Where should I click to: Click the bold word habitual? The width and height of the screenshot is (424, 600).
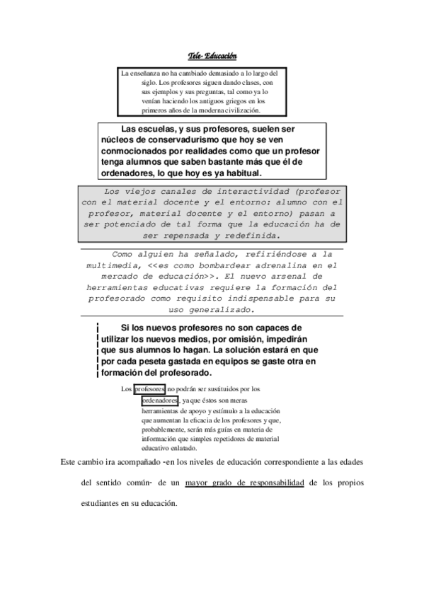pyautogui.click(x=239, y=173)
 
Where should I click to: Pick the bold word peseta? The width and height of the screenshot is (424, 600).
pyautogui.click(x=154, y=361)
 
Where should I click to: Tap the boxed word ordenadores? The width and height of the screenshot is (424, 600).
pyautogui.click(x=160, y=400)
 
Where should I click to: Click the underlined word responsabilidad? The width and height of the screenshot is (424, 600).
pyautogui.click(x=271, y=483)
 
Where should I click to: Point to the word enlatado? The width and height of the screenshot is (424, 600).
pyautogui.click(x=181, y=448)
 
